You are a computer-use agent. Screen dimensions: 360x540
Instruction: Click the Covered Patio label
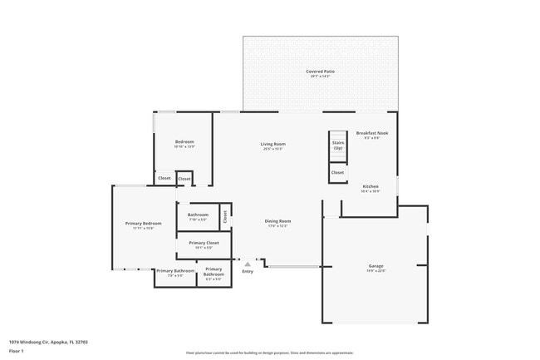point(320,72)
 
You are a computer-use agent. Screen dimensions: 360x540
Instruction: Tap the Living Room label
point(273,145)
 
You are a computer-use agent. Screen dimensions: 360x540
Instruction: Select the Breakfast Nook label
point(371,133)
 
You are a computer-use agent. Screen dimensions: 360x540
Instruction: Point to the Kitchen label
point(371,186)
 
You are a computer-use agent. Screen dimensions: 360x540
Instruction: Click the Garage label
point(376,266)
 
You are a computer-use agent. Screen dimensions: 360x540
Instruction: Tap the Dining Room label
point(277,220)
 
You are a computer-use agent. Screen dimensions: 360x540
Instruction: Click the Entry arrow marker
point(247,264)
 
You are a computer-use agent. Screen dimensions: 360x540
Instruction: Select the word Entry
point(248,272)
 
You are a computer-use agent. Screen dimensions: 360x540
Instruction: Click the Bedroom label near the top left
point(184,142)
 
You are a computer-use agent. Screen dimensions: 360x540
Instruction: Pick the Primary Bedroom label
point(143,223)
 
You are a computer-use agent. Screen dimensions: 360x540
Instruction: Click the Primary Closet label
point(204,243)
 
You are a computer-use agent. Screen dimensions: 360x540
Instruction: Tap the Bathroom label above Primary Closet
point(198,215)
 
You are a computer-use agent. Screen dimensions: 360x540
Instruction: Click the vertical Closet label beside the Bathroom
point(224,217)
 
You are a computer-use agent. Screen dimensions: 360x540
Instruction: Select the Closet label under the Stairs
point(337,173)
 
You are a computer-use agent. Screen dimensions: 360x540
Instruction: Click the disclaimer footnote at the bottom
point(269,353)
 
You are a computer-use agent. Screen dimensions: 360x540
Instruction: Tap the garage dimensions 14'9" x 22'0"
point(376,271)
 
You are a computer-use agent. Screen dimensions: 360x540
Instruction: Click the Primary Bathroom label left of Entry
point(175,270)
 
